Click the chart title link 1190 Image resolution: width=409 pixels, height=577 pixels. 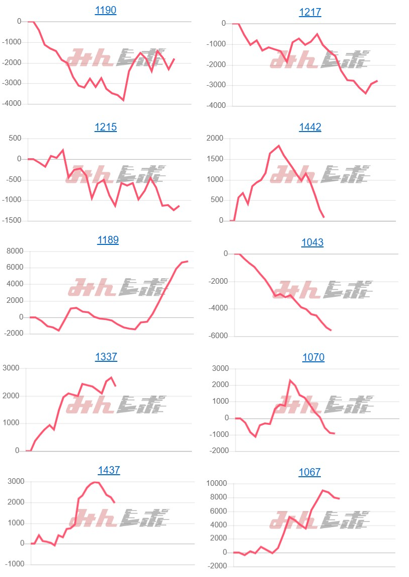[x=105, y=10]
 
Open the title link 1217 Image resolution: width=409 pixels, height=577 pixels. [x=310, y=12]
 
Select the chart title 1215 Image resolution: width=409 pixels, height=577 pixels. [x=105, y=127]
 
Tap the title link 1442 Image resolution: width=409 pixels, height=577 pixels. [x=310, y=127]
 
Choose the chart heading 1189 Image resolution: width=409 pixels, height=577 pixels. [x=108, y=240]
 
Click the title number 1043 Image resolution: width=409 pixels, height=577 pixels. [x=312, y=242]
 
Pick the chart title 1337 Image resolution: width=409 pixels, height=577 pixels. [x=106, y=357]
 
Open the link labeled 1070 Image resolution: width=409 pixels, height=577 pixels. [x=313, y=357]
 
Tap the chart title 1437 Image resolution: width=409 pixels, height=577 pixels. [x=109, y=470]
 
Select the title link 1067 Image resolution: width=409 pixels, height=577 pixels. [x=309, y=472]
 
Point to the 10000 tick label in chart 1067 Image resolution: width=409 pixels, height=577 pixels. [x=216, y=484]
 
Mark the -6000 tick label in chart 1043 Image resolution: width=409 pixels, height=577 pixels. [x=217, y=336]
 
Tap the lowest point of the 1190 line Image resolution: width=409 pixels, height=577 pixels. [x=123, y=100]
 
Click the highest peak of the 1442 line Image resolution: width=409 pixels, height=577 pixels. [x=279, y=146]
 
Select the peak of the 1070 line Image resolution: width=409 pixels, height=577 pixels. [x=290, y=380]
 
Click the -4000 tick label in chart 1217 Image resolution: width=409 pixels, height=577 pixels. [x=217, y=106]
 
